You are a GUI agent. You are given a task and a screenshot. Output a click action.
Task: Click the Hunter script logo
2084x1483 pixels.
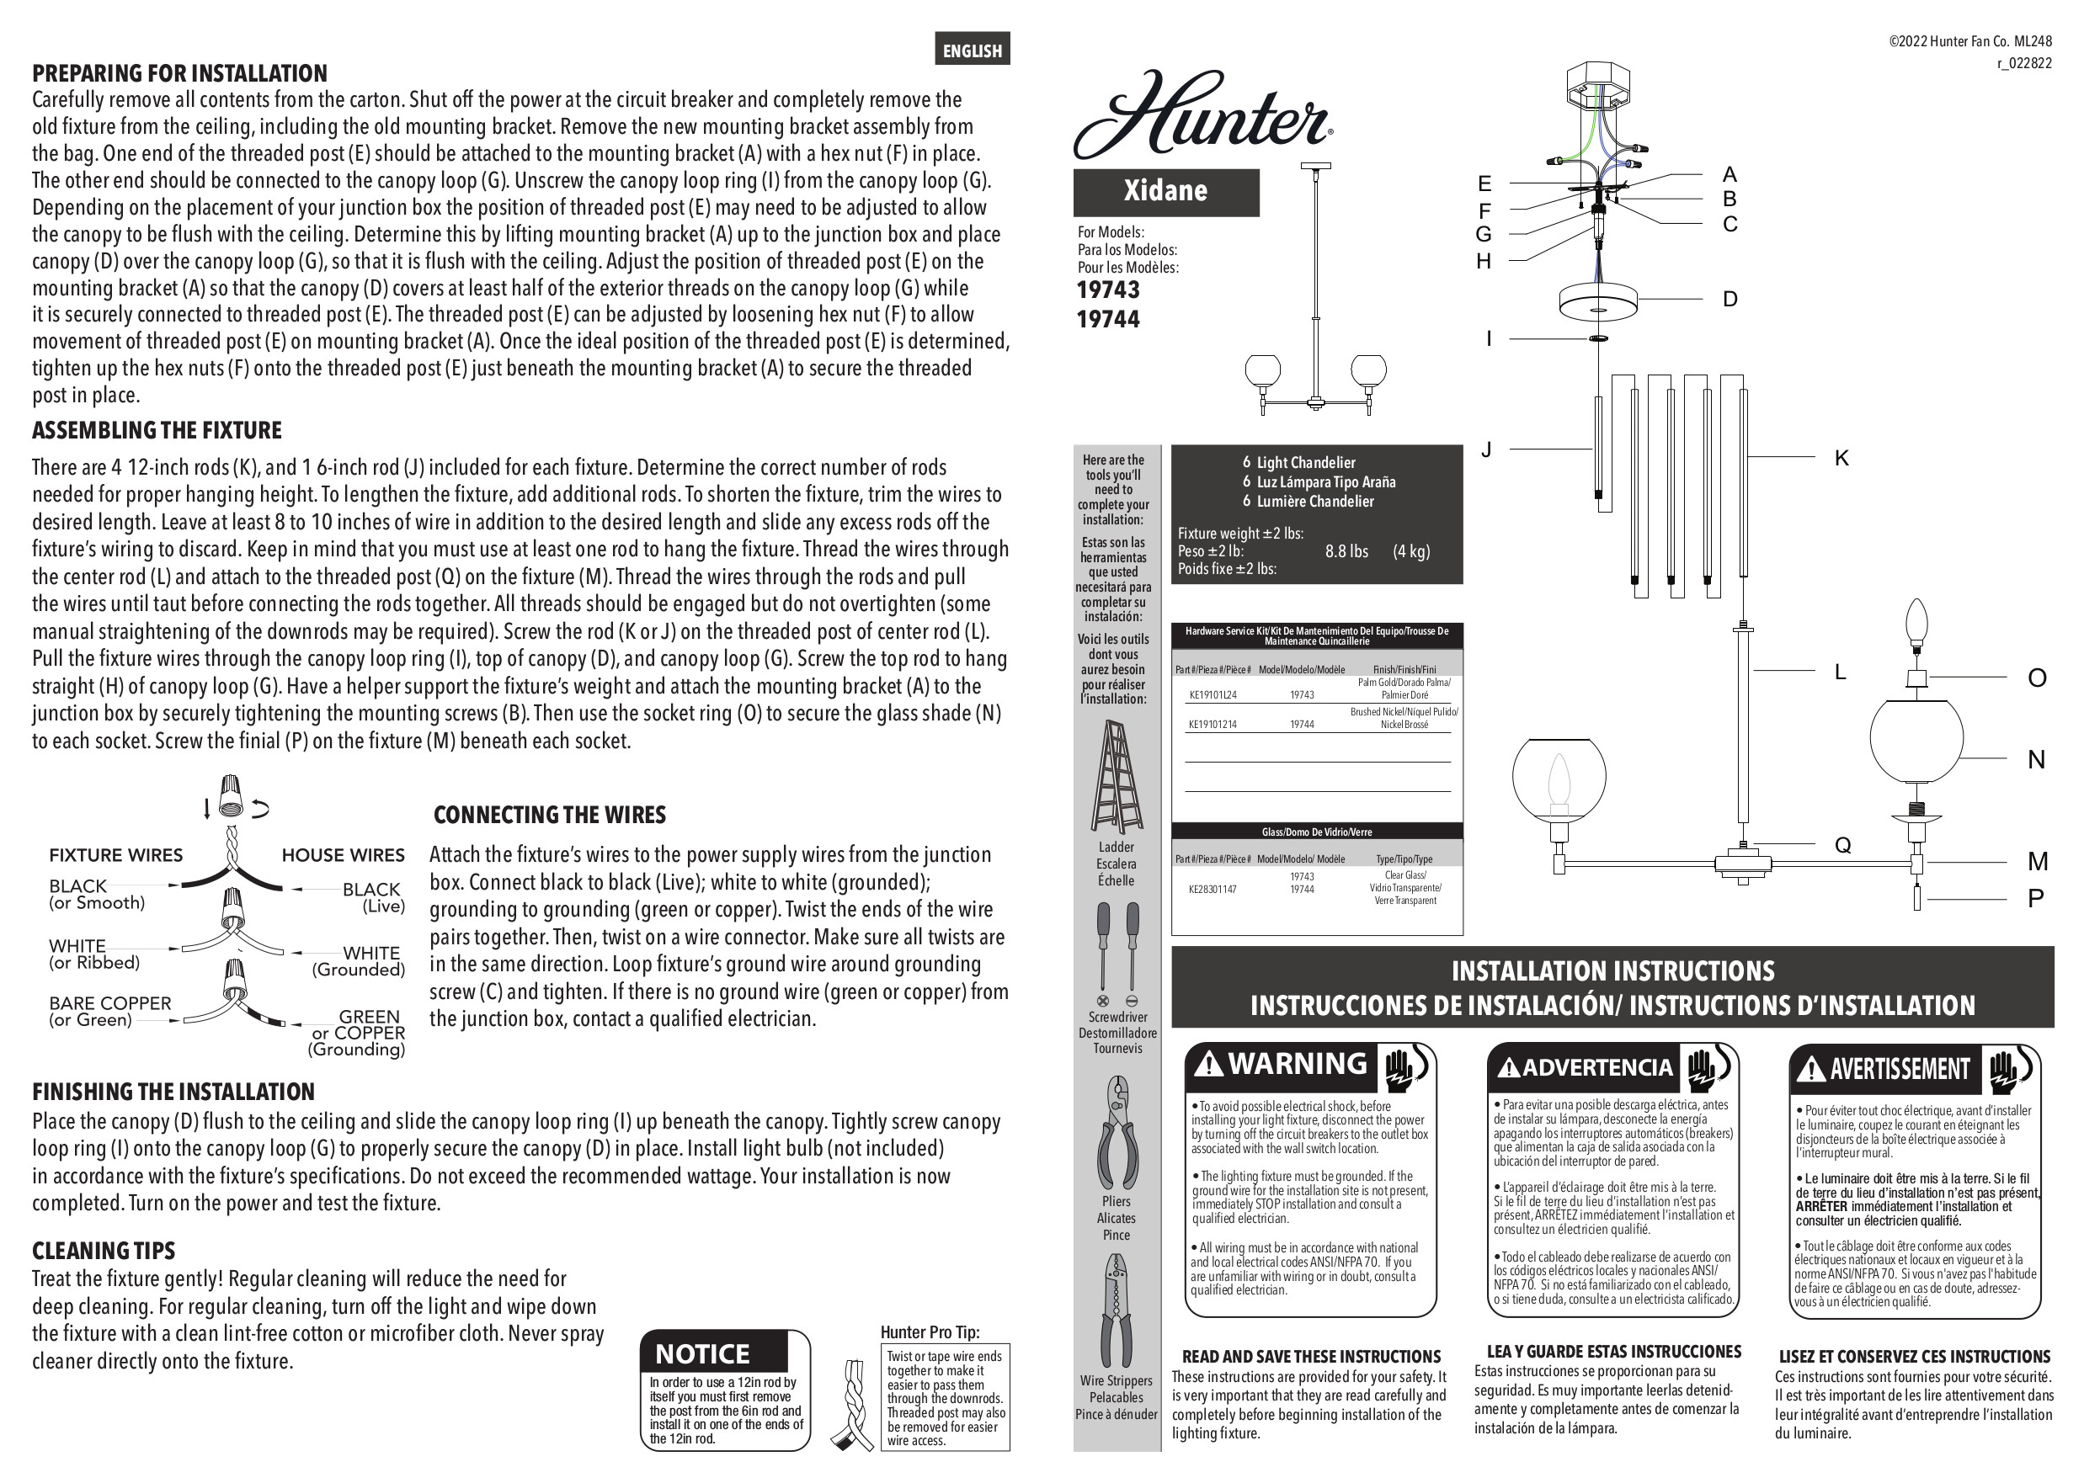tap(1202, 116)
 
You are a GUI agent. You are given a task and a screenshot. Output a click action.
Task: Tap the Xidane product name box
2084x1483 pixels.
tap(1166, 192)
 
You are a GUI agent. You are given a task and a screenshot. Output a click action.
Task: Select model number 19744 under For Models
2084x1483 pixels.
tap(1108, 320)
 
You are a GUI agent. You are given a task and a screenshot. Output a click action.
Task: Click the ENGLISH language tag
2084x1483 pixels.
tap(972, 50)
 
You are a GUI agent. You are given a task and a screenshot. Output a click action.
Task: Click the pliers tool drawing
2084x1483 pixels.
tap(1117, 1132)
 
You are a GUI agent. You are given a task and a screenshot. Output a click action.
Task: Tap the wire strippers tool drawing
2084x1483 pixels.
tap(1116, 1311)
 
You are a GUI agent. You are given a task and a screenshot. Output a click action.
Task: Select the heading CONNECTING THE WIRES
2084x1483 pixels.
tap(550, 815)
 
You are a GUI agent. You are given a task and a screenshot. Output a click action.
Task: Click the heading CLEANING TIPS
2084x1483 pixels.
tap(104, 1250)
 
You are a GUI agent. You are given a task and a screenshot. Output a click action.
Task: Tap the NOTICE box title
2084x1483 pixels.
tap(702, 1353)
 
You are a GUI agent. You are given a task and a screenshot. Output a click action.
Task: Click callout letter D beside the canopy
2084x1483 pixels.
tap(1730, 299)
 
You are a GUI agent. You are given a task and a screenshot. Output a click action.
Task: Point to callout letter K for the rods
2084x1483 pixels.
tap(1841, 459)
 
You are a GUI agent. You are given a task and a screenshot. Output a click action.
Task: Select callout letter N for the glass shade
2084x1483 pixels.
tap(2037, 760)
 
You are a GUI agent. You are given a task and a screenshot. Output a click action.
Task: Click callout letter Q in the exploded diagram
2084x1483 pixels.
tap(1843, 846)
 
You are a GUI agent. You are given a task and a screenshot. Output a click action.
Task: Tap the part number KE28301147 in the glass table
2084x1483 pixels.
tap(1213, 889)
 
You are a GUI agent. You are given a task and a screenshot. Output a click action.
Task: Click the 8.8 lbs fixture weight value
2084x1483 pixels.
tap(1346, 551)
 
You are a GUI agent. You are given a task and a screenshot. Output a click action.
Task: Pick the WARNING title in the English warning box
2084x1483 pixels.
tap(1298, 1064)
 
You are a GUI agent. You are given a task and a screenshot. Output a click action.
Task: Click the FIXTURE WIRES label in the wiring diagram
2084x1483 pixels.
tap(116, 856)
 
